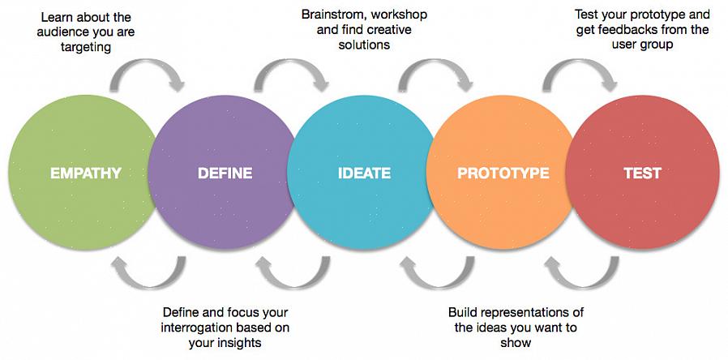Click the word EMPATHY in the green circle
(x=85, y=174)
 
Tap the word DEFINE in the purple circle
(x=225, y=174)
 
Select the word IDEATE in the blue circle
(x=364, y=174)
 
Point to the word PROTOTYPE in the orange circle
(x=503, y=174)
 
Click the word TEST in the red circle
(x=643, y=174)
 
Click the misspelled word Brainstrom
(x=332, y=15)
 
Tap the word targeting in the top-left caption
(x=85, y=48)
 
